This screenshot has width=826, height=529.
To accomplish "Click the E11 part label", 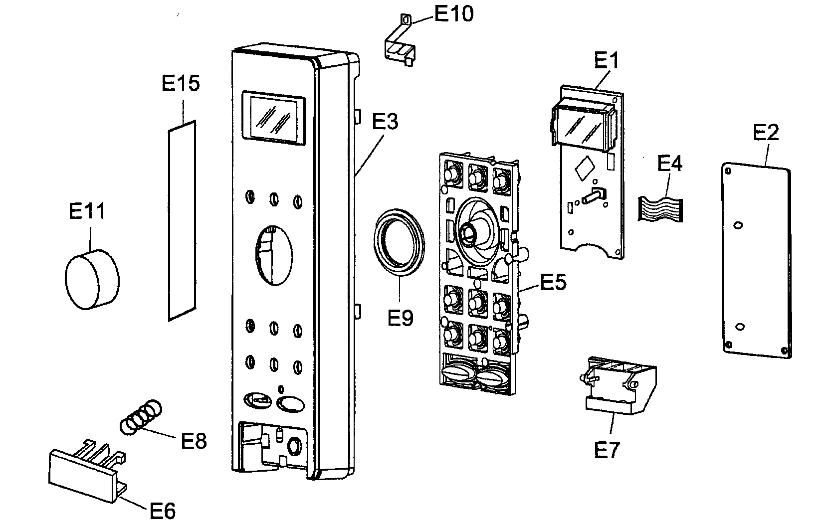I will click(x=87, y=211).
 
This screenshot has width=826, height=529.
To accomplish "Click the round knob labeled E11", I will click(x=92, y=280).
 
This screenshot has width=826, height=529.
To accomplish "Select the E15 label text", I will click(x=181, y=83).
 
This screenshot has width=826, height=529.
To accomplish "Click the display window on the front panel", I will click(x=273, y=119).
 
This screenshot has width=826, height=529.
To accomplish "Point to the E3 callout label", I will click(x=386, y=122).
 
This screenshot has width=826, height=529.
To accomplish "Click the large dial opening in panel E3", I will click(x=274, y=255).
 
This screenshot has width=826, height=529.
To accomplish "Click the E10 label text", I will click(x=453, y=14).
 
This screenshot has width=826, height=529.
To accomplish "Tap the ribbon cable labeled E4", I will click(x=660, y=208).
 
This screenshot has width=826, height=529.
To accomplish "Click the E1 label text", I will click(x=607, y=61).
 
